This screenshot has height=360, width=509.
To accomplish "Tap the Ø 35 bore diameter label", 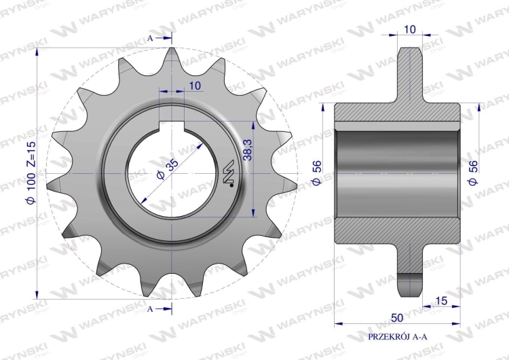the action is click(167, 170).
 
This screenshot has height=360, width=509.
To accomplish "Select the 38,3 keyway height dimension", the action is click(248, 150).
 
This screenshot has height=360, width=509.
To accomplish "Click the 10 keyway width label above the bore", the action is click(195, 86).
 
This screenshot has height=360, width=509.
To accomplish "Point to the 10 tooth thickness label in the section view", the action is click(410, 30).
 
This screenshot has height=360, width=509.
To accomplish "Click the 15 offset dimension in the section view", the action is click(441, 301).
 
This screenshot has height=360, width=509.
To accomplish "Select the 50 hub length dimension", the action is click(397, 318).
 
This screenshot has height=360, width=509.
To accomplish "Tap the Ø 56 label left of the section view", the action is click(316, 173).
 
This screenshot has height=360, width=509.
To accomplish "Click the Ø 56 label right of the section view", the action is click(473, 173).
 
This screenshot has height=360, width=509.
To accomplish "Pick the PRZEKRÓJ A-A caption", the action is click(398, 337).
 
